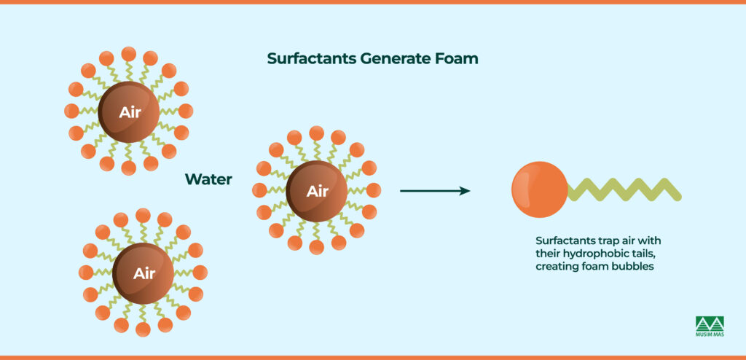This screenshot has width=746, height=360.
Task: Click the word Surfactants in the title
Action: [x=312, y=59]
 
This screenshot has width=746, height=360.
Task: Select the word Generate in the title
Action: [x=393, y=59]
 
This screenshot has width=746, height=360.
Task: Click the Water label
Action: [x=208, y=179]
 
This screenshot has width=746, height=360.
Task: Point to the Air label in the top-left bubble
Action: [x=129, y=112]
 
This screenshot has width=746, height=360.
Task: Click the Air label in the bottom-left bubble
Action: [x=144, y=274]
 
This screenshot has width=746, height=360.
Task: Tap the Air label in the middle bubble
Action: [x=317, y=192]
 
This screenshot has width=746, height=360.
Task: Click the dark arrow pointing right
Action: [x=435, y=191]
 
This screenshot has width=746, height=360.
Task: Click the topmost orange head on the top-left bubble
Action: [x=129, y=53]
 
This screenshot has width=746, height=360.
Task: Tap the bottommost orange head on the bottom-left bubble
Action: [x=144, y=329]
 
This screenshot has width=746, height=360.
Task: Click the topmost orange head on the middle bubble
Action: [x=317, y=133]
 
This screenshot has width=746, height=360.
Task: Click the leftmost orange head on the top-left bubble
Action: [x=71, y=111]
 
